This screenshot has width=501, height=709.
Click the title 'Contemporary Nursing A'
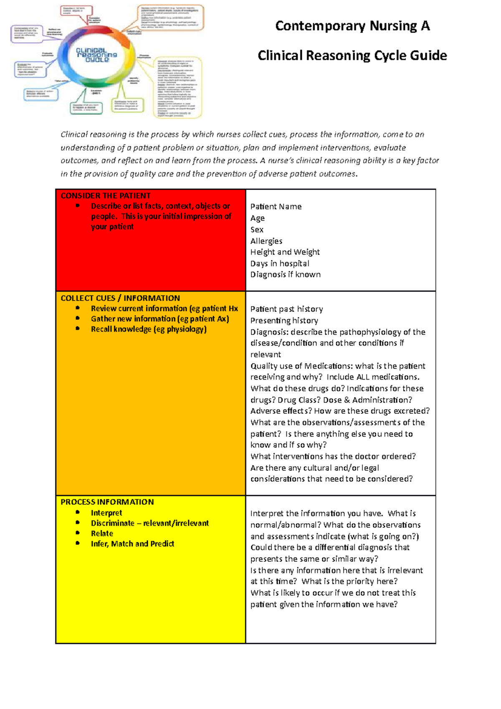(x=352, y=26)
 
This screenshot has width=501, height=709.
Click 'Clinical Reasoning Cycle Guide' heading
(x=352, y=56)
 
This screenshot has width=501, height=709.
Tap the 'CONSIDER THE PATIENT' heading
(x=106, y=196)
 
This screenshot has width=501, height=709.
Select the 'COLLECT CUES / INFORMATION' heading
(x=120, y=298)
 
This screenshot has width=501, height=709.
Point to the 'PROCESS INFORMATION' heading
(x=107, y=502)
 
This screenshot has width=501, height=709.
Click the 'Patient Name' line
(x=276, y=207)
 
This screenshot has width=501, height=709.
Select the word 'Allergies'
(x=266, y=241)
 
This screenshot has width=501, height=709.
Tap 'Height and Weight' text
(x=285, y=252)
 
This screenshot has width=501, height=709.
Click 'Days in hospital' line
(x=280, y=263)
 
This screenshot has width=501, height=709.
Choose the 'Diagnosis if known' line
(x=286, y=275)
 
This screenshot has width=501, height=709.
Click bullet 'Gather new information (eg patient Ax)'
(x=160, y=319)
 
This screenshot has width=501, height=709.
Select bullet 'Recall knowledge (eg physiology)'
(x=149, y=329)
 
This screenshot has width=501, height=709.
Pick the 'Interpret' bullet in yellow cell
(x=106, y=513)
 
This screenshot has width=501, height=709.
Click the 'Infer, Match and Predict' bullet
(x=132, y=544)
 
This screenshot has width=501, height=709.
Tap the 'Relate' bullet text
(x=102, y=534)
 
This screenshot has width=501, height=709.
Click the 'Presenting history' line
(x=284, y=321)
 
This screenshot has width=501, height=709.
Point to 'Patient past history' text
(x=286, y=309)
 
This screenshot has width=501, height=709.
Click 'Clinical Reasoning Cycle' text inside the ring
(x=96, y=55)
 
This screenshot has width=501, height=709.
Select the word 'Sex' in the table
(x=257, y=230)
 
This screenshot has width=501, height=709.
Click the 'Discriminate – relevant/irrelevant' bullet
(x=150, y=523)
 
